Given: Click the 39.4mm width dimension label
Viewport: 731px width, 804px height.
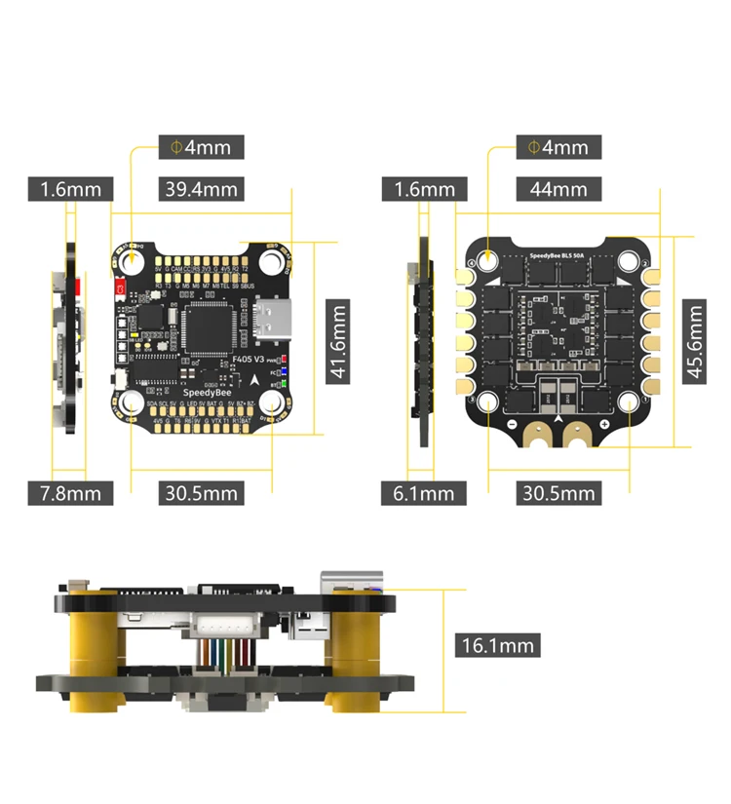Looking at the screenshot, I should pyautogui.click(x=200, y=189).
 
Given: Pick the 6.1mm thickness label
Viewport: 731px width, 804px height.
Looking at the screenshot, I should pyautogui.click(x=423, y=493).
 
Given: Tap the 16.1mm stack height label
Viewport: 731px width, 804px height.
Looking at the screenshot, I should pyautogui.click(x=497, y=644).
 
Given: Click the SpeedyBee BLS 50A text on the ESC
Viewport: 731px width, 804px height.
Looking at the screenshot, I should pyautogui.click(x=558, y=256).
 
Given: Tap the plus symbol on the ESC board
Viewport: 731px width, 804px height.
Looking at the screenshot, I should pyautogui.click(x=604, y=426).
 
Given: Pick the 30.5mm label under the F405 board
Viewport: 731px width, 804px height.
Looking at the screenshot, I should pyautogui.click(x=200, y=493).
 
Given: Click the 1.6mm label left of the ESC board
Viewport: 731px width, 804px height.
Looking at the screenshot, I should pyautogui.click(x=424, y=189).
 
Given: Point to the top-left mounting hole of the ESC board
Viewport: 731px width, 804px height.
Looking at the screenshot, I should pyautogui.click(x=486, y=260).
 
